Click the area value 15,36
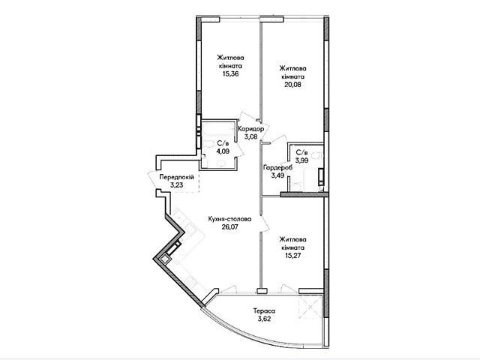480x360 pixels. point(231,73)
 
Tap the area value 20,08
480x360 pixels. point(293,85)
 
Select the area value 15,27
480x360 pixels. point(292,255)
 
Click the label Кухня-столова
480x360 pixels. point(229,219)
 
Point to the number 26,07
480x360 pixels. point(229,227)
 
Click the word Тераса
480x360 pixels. point(264,311)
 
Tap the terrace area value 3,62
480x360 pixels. point(264,319)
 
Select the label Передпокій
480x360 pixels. point(177,177)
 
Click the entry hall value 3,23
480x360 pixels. point(177,185)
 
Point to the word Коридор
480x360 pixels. point(251,129)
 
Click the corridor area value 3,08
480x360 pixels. point(250,136)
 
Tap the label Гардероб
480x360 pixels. point(278,167)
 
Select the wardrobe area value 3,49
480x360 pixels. point(277,175)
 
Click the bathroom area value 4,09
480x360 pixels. point(223,151)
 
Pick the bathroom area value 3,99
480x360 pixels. point(301,160)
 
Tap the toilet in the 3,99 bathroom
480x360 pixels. point(317,155)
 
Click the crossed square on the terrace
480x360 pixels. point(311,307)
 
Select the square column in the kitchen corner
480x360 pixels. point(165,259)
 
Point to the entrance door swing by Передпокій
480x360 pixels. point(153,181)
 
